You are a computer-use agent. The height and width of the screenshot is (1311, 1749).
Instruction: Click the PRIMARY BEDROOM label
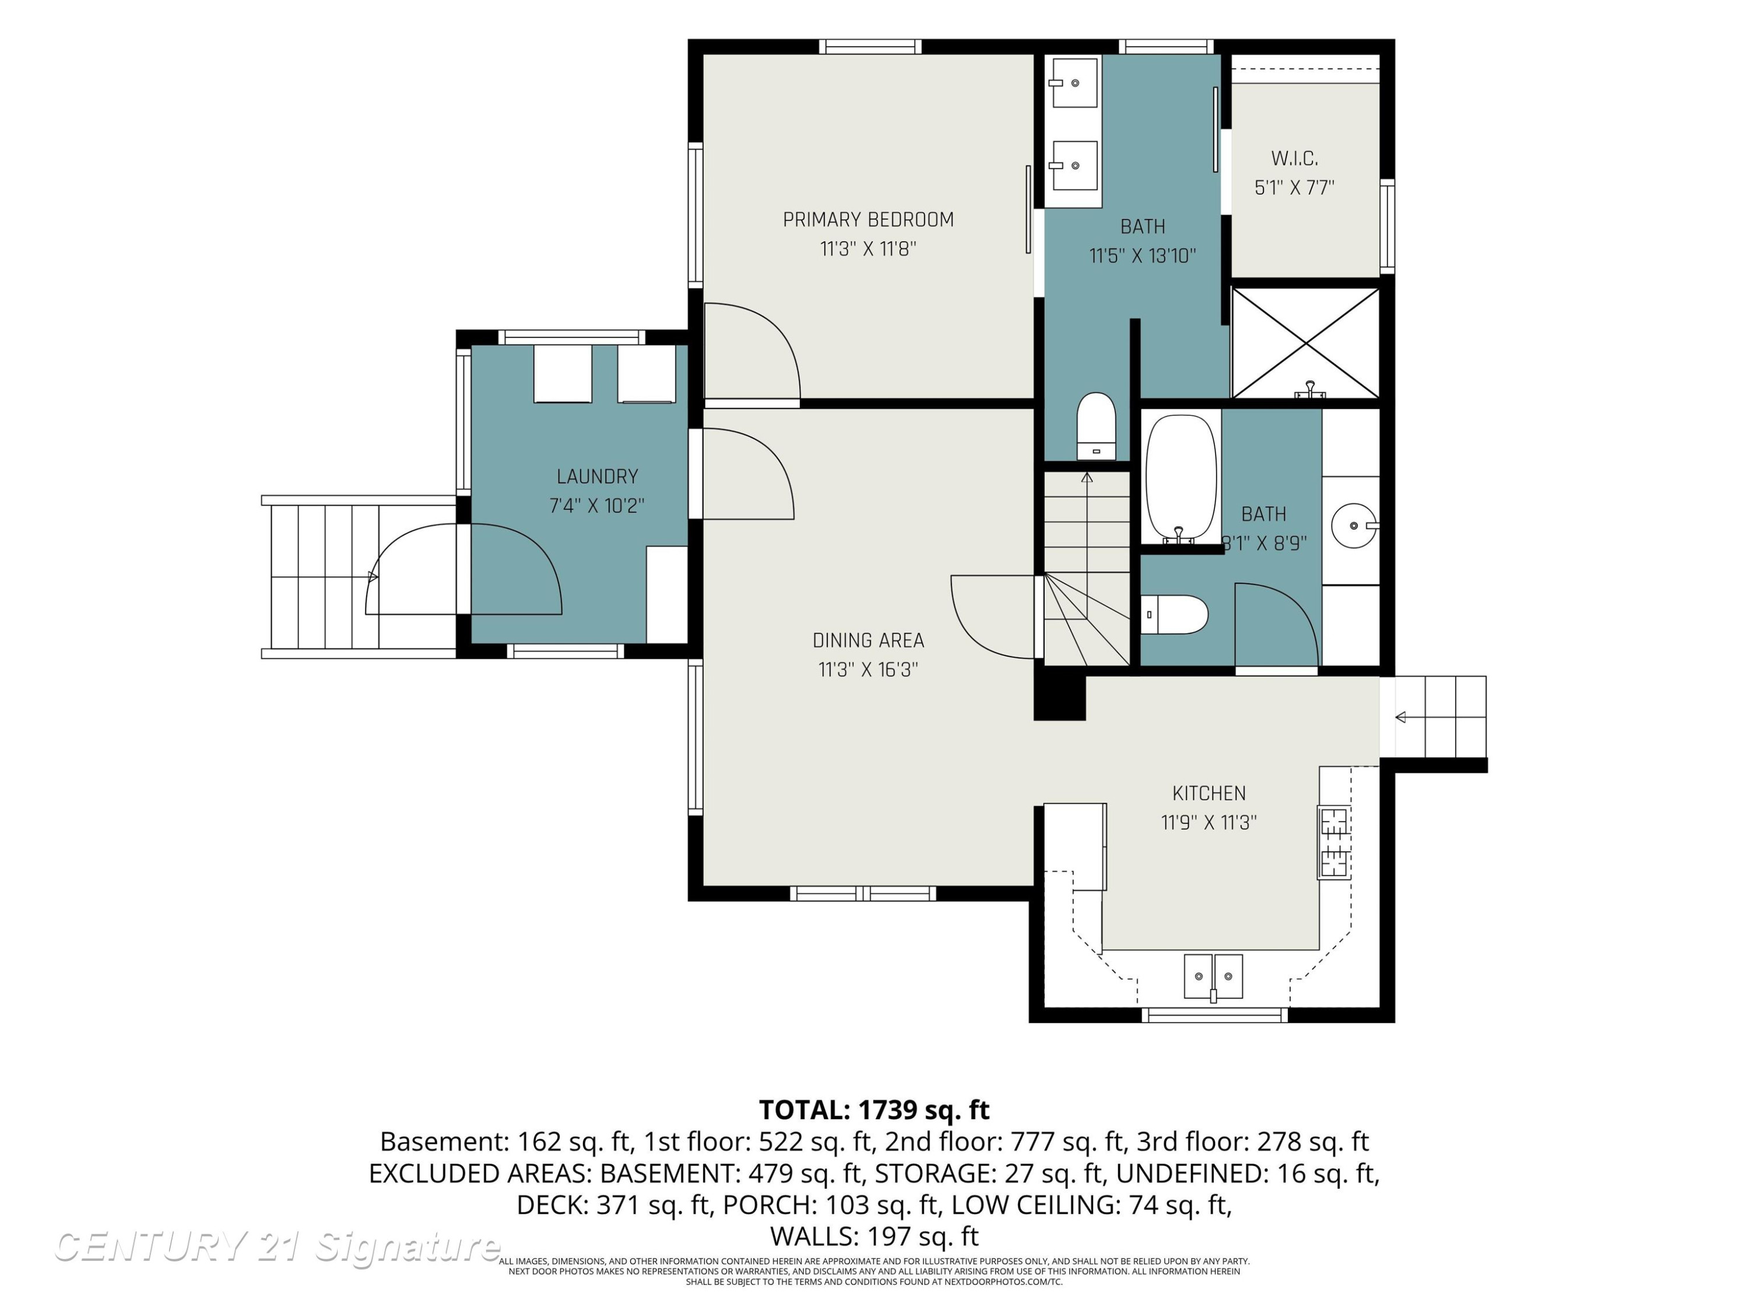pyautogui.click(x=868, y=220)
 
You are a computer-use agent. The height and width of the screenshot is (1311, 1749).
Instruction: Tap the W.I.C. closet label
pyautogui.click(x=1294, y=159)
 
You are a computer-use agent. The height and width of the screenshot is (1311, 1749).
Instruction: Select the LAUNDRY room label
pyautogui.click(x=597, y=477)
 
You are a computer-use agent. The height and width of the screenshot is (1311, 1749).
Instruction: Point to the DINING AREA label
pyautogui.click(x=868, y=640)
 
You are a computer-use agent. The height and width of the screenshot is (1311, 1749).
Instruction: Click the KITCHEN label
pyautogui.click(x=1209, y=794)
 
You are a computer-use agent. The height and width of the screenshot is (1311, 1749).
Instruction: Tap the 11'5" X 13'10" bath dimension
pyautogui.click(x=1143, y=256)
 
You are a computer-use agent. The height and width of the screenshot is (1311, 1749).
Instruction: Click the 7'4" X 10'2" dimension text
pyautogui.click(x=597, y=506)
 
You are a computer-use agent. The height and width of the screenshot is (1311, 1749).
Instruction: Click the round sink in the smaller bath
pyautogui.click(x=1354, y=526)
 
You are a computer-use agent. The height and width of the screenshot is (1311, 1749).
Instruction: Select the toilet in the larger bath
pyautogui.click(x=1096, y=426)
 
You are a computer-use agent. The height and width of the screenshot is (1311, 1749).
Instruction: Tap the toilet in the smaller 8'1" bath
pyautogui.click(x=1174, y=615)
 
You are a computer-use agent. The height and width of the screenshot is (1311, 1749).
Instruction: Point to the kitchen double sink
pyautogui.click(x=1213, y=977)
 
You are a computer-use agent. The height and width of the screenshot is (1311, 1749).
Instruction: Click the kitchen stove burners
pyautogui.click(x=1334, y=843)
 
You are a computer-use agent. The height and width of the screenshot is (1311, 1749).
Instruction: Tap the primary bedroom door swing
pyautogui.click(x=752, y=351)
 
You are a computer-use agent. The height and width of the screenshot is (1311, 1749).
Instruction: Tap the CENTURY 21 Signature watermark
pyautogui.click(x=277, y=1246)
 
